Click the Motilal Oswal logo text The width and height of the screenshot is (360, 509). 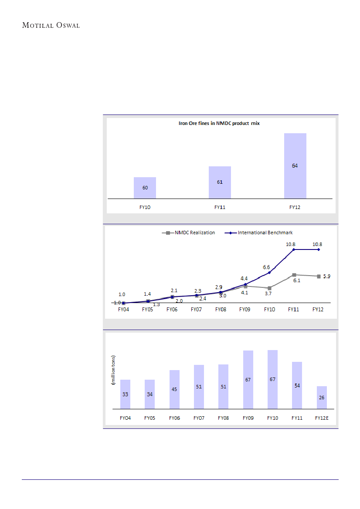coord(51,25)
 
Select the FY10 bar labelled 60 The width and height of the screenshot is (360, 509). coord(145,188)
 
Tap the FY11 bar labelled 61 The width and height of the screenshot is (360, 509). coord(220,182)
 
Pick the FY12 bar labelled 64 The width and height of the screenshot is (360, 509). coord(295,166)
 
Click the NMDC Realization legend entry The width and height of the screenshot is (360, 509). coord(189,233)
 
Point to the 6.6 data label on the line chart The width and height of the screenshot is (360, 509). coord(267,267)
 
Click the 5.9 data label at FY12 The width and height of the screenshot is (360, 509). coord(327,276)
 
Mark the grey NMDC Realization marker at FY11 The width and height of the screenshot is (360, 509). coord(294,275)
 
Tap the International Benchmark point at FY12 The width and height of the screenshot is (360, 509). coord(319,249)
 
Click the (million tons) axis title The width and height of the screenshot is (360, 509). coord(113,370)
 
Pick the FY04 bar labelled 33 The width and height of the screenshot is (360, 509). coord(125,394)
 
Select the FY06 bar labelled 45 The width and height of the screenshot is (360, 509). coord(174,389)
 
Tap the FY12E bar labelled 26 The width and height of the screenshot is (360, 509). coord(321,398)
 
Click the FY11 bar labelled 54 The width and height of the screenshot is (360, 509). coord(297,385)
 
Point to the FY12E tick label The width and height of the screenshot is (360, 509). coord(321,418)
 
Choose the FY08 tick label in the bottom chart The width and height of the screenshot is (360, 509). coord(223,418)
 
